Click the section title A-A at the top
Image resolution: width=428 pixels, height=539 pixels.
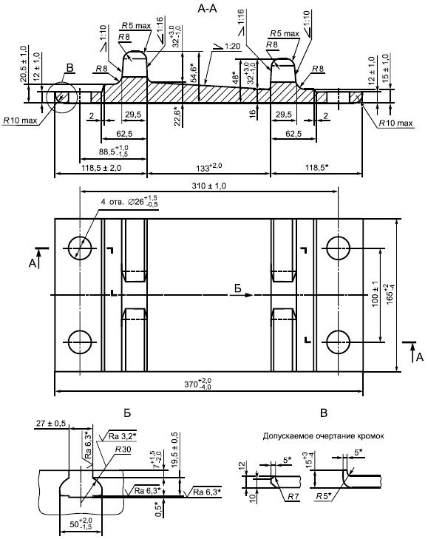coord(207,8)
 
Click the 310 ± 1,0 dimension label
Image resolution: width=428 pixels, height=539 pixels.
coord(208,186)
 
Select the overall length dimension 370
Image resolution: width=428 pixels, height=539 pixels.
coord(197,383)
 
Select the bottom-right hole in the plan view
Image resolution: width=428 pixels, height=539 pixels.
coord(339,342)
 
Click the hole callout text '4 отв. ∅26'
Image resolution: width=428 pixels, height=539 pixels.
coord(129,201)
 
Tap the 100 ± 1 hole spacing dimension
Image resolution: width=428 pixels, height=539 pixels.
coord(375,294)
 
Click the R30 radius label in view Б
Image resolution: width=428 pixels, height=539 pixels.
coord(123,450)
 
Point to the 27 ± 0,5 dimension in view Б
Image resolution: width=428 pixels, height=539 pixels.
coord(50,423)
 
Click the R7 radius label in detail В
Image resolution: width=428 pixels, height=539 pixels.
coord(293,496)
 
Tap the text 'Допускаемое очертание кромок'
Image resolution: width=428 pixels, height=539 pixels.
coord(323,436)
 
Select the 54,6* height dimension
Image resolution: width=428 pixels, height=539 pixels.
coord(193,73)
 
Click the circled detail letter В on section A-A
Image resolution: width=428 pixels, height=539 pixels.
coord(69,68)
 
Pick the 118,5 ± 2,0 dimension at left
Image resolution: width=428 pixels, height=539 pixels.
coord(102,168)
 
